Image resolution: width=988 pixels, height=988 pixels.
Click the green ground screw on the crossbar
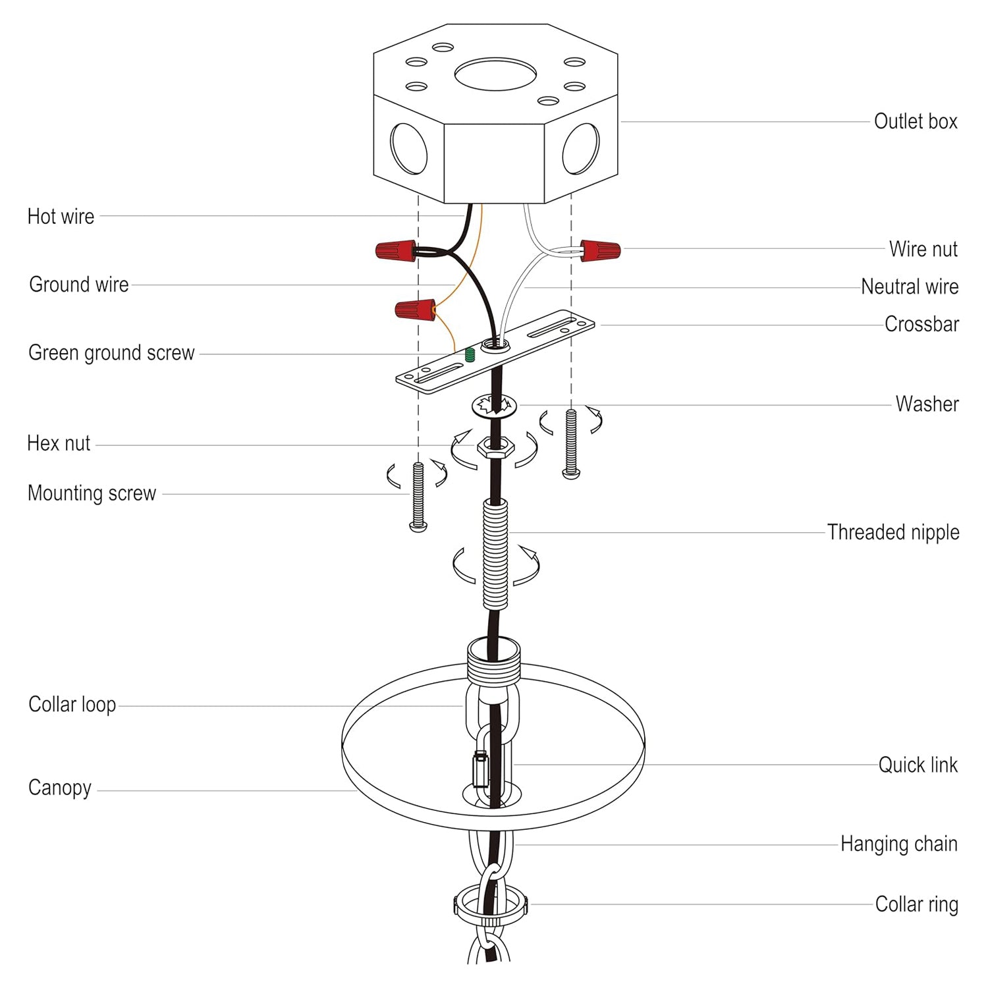(x=470, y=355)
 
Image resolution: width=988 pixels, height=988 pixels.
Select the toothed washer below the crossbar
(x=494, y=406)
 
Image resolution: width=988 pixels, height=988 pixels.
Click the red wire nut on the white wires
(x=599, y=250)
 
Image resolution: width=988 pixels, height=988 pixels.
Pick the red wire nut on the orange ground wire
(x=415, y=308)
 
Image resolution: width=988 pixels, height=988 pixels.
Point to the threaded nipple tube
(x=495, y=553)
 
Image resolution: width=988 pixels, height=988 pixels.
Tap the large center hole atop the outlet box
(x=495, y=74)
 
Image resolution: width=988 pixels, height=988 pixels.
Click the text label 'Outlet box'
(x=915, y=121)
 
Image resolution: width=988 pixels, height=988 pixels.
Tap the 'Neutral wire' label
(x=909, y=287)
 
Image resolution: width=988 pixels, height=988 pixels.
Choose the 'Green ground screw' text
(x=111, y=353)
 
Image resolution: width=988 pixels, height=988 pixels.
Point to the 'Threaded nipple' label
(x=892, y=532)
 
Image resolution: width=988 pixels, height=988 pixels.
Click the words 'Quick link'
(x=918, y=765)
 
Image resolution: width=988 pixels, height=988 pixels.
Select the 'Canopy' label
(x=60, y=788)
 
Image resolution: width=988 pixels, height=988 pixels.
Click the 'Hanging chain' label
(x=898, y=844)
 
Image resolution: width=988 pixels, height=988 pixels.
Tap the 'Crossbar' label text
(x=921, y=324)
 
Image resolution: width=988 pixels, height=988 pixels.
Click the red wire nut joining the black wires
(x=396, y=250)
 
